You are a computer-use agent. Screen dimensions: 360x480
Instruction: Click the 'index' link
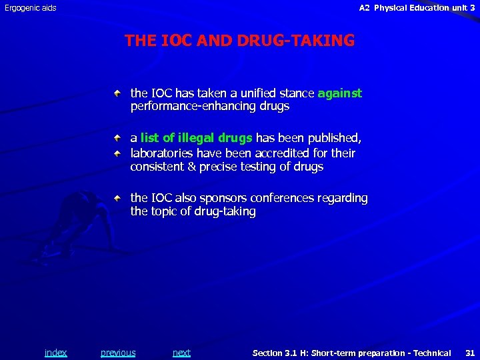55,353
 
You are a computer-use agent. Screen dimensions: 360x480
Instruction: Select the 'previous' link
118,353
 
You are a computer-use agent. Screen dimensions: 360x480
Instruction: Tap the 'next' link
181,353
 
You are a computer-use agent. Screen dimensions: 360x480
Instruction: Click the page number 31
469,353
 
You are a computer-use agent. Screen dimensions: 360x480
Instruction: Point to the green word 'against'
340,93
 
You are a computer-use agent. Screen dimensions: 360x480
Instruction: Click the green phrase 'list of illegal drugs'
197,138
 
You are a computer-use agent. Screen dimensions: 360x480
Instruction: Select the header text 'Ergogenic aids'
31,8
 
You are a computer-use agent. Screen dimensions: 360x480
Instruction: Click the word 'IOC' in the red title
175,41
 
